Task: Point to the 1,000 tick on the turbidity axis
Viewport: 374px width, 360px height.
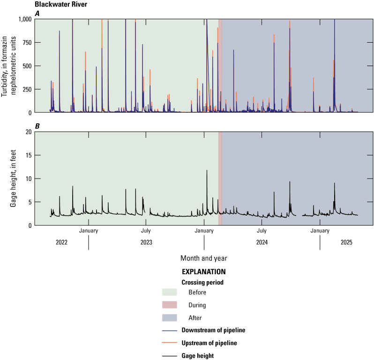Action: [x=23, y=19]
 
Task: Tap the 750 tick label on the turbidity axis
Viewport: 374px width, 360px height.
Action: [x=27, y=43]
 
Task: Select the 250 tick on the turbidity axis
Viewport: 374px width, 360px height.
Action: [x=27, y=89]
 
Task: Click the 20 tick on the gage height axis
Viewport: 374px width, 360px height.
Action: [x=29, y=132]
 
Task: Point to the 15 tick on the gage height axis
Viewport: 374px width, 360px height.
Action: [x=29, y=155]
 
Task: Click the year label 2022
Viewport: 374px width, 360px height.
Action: [x=61, y=242]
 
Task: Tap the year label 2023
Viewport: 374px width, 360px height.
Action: [x=146, y=242]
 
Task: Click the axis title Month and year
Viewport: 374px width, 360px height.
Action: [x=203, y=258]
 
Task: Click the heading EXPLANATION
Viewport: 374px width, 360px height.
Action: [x=203, y=271]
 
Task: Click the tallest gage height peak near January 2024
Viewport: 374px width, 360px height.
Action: [x=207, y=171]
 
